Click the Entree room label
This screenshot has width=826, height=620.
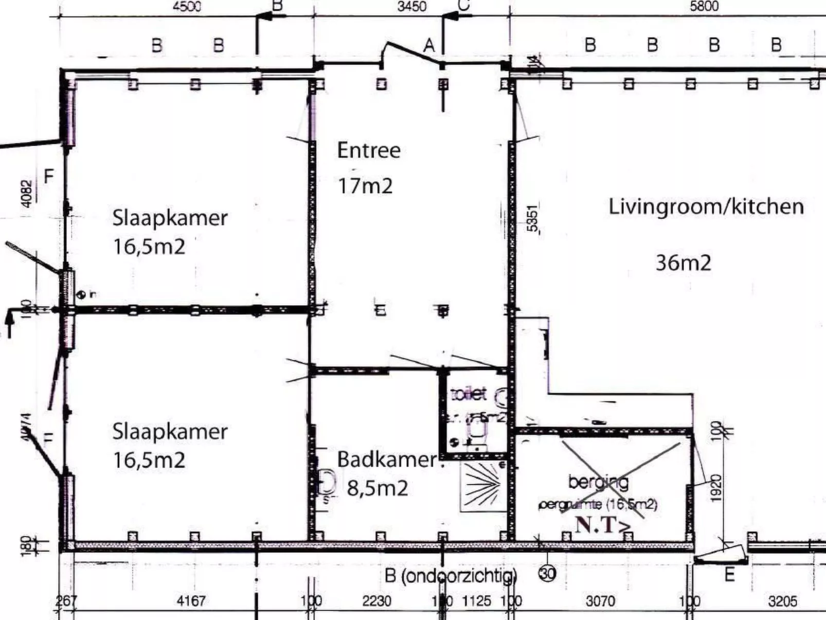tap(368, 151)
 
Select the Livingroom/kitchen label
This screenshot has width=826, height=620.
tap(706, 207)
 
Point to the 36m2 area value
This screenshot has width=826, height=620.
tap(683, 263)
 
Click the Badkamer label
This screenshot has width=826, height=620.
tap(387, 459)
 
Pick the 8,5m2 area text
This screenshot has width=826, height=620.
tap(378, 488)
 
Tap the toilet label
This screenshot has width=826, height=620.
tap(468, 394)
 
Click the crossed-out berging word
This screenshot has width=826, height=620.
tap(598, 482)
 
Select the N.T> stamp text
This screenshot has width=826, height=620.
tap(603, 525)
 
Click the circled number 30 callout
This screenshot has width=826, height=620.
tap(548, 574)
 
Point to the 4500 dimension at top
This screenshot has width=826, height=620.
tap(187, 7)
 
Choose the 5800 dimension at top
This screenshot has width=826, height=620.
tap(704, 7)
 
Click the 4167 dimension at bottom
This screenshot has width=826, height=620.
tap(191, 601)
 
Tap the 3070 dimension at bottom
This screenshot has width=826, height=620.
tap(600, 601)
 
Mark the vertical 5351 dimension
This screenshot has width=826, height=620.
tap(533, 219)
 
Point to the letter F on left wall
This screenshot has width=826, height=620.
tap(49, 177)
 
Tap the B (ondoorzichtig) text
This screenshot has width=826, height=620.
tap(451, 576)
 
